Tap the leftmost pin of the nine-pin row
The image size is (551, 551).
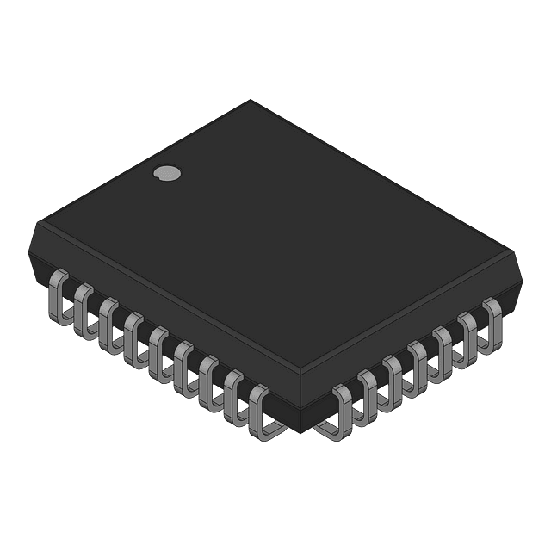click(x=59, y=298)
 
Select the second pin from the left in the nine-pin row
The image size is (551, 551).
click(x=84, y=311)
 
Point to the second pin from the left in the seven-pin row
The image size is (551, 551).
click(x=368, y=389)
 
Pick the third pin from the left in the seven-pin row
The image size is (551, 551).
click(x=394, y=374)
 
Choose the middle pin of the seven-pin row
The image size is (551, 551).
click(x=420, y=360)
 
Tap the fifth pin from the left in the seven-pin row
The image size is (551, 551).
click(x=445, y=345)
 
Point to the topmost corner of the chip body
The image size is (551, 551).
click(x=251, y=101)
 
